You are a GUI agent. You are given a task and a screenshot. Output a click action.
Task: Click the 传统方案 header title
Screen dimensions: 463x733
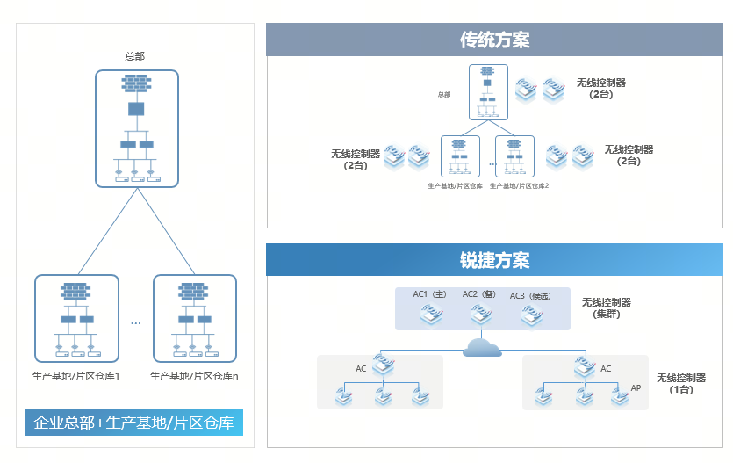(494, 40)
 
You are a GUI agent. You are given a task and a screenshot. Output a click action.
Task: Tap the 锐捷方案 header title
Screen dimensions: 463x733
(494, 261)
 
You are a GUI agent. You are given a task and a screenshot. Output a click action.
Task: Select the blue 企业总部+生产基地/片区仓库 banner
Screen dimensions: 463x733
(133, 423)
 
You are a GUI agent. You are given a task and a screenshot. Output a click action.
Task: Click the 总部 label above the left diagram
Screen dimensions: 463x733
(135, 56)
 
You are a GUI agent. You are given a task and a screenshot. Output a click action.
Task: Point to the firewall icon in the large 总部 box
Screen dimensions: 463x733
(136, 83)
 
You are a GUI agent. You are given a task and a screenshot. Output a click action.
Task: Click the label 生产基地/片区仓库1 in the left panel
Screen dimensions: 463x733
(75, 376)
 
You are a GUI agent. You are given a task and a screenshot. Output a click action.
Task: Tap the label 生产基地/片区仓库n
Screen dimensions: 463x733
(194, 376)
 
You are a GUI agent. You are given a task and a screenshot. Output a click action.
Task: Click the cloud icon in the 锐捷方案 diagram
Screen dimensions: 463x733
(482, 347)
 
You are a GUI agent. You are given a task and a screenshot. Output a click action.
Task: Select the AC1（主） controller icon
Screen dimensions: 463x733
(432, 315)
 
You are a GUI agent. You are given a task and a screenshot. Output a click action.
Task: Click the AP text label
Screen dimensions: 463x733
(636, 387)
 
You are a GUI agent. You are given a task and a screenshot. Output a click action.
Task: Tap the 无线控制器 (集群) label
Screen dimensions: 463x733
(606, 307)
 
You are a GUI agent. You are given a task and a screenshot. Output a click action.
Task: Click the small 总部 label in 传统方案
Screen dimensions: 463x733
(444, 94)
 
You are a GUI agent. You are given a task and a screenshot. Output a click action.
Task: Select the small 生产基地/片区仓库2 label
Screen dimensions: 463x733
(519, 186)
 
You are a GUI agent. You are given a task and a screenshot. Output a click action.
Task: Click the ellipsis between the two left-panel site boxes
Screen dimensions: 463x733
(135, 323)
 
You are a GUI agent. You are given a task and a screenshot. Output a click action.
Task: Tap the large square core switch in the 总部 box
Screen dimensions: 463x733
(136, 109)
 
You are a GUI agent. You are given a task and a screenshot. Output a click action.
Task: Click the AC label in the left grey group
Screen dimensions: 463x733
(361, 369)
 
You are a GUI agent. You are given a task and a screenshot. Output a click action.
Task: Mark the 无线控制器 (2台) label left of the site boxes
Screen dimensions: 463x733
(356, 159)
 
